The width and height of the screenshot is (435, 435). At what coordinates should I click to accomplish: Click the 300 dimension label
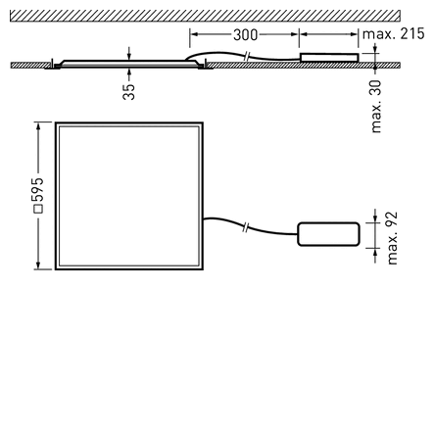245,35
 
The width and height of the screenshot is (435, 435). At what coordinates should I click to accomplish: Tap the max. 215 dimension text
393,34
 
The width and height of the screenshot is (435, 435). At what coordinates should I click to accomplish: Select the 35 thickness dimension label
128,92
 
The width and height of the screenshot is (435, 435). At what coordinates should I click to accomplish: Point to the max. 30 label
376,106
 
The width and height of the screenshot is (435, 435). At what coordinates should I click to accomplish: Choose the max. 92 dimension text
392,238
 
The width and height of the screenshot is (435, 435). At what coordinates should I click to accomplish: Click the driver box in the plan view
328,234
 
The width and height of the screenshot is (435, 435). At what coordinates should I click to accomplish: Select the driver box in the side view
329,58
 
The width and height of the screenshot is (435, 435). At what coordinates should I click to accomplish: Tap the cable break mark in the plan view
246,227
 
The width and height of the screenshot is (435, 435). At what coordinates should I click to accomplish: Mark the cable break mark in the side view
247,56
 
